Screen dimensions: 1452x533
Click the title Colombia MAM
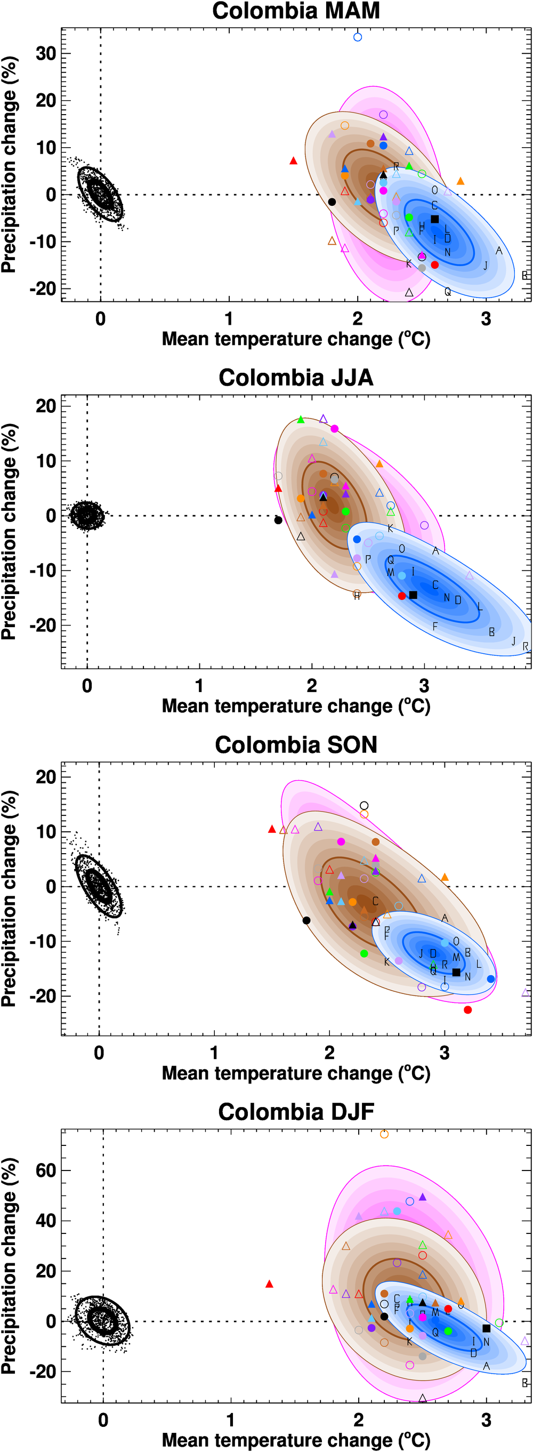tap(296, 11)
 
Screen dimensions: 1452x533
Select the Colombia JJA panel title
tap(296, 378)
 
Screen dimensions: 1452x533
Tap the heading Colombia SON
tap(296, 744)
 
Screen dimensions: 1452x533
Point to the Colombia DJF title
tap(296, 1112)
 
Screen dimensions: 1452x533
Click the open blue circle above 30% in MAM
tap(357, 37)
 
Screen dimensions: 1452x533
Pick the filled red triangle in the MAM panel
tap(293, 161)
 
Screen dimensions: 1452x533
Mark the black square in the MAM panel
tap(434, 219)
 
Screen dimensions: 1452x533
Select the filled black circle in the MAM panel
tap(332, 202)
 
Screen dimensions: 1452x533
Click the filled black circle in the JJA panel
tap(278, 520)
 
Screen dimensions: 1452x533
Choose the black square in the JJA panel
tap(413, 595)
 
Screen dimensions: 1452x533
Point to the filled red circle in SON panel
tap(467, 1009)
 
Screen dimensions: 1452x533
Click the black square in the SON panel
tap(456, 972)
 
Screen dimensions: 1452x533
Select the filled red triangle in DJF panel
tap(269, 1284)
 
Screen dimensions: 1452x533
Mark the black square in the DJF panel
tap(486, 1329)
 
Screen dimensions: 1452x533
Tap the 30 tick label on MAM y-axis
tap(46, 53)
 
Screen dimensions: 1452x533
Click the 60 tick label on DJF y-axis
tap(46, 1170)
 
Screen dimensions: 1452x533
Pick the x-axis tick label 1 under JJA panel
tap(199, 686)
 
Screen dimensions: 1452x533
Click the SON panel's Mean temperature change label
tap(296, 1073)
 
